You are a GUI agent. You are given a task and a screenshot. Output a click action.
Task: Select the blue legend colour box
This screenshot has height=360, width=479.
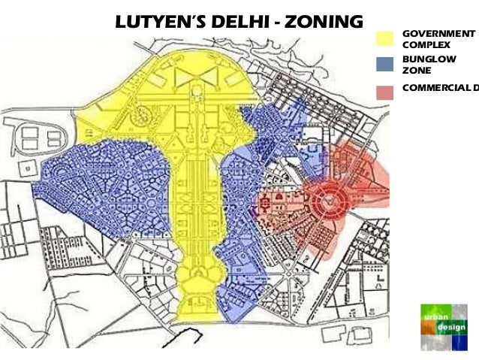pos(384,64)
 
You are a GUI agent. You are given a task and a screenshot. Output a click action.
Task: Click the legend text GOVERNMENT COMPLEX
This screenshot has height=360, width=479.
pos(438,39)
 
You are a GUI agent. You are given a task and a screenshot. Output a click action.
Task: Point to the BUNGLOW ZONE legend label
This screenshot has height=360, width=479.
pos(420,64)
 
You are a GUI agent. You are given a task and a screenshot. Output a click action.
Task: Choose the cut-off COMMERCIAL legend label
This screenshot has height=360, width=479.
pos(440,87)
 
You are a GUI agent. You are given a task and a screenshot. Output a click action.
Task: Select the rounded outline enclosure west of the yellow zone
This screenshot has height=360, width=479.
pos(41,137)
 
